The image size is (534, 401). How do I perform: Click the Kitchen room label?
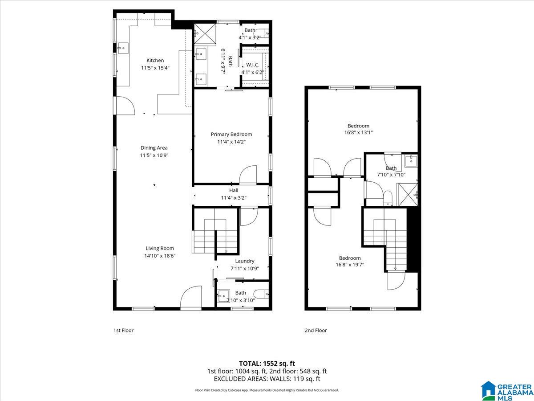155,61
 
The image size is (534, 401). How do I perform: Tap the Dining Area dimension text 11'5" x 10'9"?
154,155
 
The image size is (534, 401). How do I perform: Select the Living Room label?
160,248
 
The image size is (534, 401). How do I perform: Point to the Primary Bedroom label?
231,135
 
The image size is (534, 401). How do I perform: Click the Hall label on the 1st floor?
234,190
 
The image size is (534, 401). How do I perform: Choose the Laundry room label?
244,261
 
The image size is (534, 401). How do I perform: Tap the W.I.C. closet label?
252,65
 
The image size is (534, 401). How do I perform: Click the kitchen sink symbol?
123,48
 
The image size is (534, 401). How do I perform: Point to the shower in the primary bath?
205,35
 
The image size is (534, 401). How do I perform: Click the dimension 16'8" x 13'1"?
358,132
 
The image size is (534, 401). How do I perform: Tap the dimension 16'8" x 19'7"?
350,265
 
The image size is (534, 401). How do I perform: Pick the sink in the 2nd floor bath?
411,161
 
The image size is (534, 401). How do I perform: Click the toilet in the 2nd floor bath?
388,198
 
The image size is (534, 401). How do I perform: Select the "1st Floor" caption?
123,331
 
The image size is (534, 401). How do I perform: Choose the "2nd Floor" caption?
316,331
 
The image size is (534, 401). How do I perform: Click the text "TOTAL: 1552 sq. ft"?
267,364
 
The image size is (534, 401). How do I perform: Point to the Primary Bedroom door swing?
248,175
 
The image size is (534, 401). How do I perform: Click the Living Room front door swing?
191,297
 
